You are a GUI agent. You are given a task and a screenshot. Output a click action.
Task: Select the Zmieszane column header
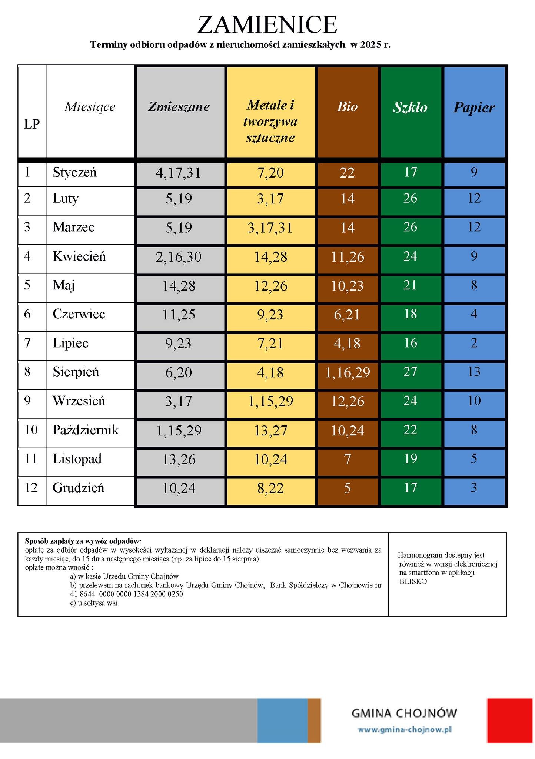click(179, 107)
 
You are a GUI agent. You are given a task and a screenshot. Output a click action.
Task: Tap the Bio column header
click(347, 107)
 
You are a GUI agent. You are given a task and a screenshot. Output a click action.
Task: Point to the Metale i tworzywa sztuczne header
click(270, 121)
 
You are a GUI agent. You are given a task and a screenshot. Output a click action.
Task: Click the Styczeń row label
click(74, 172)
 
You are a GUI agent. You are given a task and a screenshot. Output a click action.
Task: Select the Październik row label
click(86, 430)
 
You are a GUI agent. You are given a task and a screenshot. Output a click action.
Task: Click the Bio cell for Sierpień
click(347, 372)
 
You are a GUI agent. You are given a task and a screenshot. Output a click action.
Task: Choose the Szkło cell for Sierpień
click(410, 372)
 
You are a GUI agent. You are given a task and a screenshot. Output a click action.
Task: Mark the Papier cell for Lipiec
click(474, 343)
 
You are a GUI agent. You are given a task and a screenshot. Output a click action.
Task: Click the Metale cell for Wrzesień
click(270, 401)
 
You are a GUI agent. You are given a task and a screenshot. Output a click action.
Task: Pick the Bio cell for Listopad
click(347, 460)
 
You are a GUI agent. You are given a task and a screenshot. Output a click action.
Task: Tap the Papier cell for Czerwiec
click(474, 314)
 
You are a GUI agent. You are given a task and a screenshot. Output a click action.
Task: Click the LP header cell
click(32, 124)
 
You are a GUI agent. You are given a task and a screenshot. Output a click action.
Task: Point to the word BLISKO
click(413, 581)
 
